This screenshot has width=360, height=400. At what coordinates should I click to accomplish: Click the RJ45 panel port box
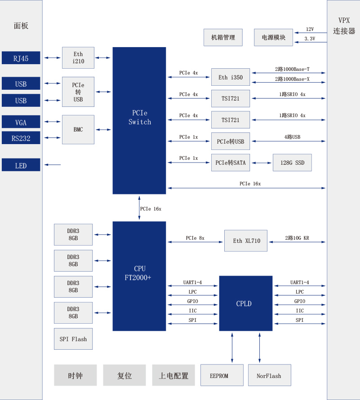point(21,58)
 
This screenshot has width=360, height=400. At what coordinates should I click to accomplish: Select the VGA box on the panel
point(21,122)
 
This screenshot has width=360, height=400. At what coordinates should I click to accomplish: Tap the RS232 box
point(21,138)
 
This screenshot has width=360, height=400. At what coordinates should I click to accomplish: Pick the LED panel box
point(21,165)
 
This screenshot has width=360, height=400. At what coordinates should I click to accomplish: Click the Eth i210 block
point(78,58)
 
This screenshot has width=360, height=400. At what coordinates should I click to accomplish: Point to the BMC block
point(78,130)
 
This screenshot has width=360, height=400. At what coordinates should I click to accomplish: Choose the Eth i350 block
point(230,77)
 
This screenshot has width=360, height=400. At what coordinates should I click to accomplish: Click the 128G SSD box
point(292,163)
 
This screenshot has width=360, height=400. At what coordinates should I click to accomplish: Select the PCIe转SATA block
point(230,163)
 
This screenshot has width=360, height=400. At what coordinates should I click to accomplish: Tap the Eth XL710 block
point(246,241)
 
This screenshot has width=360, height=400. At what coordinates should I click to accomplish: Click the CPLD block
point(245,303)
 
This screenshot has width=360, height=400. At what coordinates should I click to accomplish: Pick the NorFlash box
point(269,375)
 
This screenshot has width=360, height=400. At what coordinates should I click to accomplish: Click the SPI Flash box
point(73,339)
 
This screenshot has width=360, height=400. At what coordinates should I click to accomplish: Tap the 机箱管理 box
point(223,37)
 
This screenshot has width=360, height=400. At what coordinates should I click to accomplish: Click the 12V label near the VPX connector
point(310,29)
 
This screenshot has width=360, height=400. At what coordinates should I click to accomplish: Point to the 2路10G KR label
point(297,238)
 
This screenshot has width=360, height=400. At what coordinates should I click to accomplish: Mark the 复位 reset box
point(124,375)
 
